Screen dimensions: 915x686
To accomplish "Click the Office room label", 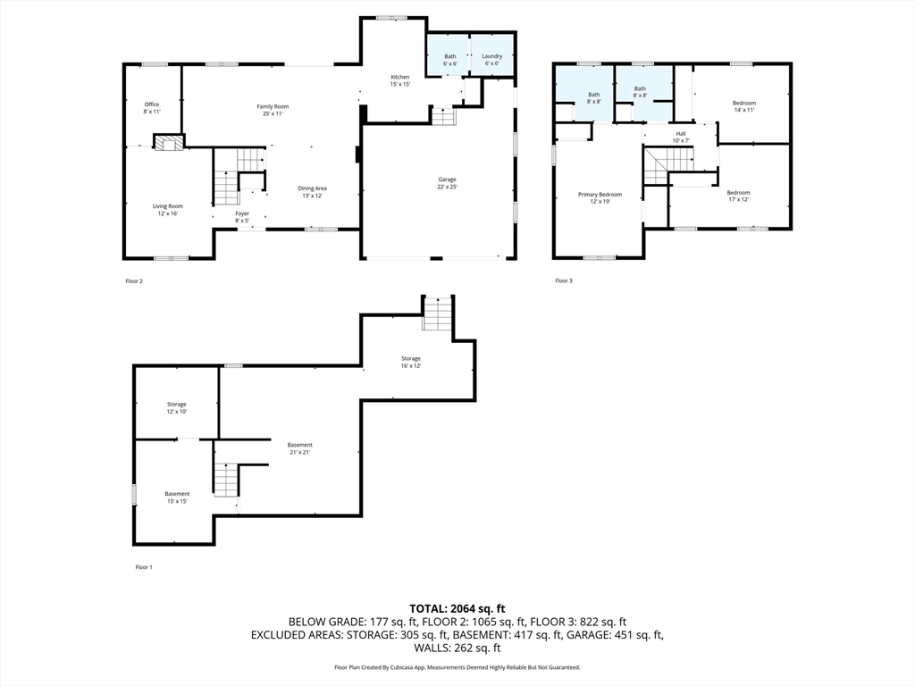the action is click(x=152, y=108).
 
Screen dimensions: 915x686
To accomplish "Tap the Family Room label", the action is click(x=273, y=110).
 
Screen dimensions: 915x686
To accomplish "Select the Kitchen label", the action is click(x=399, y=80).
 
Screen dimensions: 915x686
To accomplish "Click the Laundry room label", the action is click(x=492, y=60).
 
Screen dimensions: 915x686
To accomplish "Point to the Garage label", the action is click(x=447, y=183).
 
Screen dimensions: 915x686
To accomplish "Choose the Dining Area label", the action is click(x=312, y=192).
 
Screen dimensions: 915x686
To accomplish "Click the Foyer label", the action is click(x=242, y=217).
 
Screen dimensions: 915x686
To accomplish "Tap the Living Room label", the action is click(x=167, y=209).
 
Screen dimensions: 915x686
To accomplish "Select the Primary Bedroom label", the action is click(x=600, y=197).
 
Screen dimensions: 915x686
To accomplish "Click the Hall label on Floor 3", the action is click(x=681, y=137).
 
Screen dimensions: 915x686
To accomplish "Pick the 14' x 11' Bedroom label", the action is click(x=744, y=106).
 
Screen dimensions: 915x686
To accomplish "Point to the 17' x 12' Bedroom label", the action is click(x=738, y=196).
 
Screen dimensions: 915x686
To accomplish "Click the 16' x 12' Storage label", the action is click(x=411, y=363).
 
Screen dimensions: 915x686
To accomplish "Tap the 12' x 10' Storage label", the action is click(x=177, y=407).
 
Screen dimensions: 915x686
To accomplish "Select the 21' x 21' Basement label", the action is click(x=299, y=448).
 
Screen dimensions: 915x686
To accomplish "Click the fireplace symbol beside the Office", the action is click(x=169, y=142).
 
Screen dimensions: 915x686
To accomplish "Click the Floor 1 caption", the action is click(x=144, y=567).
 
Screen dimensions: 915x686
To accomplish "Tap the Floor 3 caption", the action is click(x=564, y=280).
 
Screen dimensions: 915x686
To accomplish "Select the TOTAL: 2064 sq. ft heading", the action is click(x=457, y=609).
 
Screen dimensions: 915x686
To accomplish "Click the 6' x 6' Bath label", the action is click(x=450, y=60).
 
